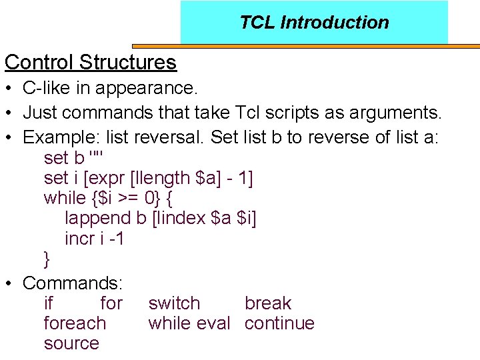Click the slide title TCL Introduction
(314, 22)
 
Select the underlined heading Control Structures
(91, 62)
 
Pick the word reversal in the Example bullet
(169, 137)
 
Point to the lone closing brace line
(47, 259)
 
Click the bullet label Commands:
(71, 283)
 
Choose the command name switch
(174, 303)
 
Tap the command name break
(268, 303)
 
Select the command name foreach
(75, 323)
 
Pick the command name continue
(279, 323)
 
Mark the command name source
(71, 343)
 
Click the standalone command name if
(48, 303)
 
